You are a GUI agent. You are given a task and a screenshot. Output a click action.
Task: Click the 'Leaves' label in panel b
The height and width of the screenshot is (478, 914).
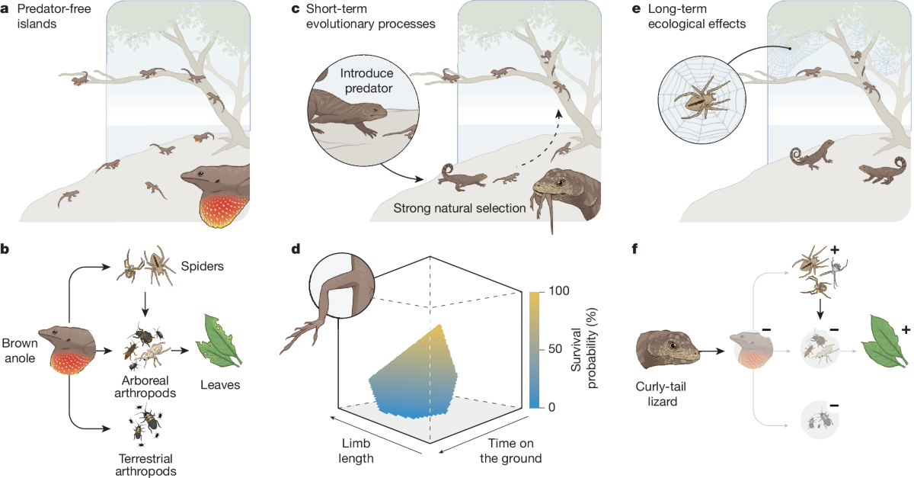click(x=221, y=385)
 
